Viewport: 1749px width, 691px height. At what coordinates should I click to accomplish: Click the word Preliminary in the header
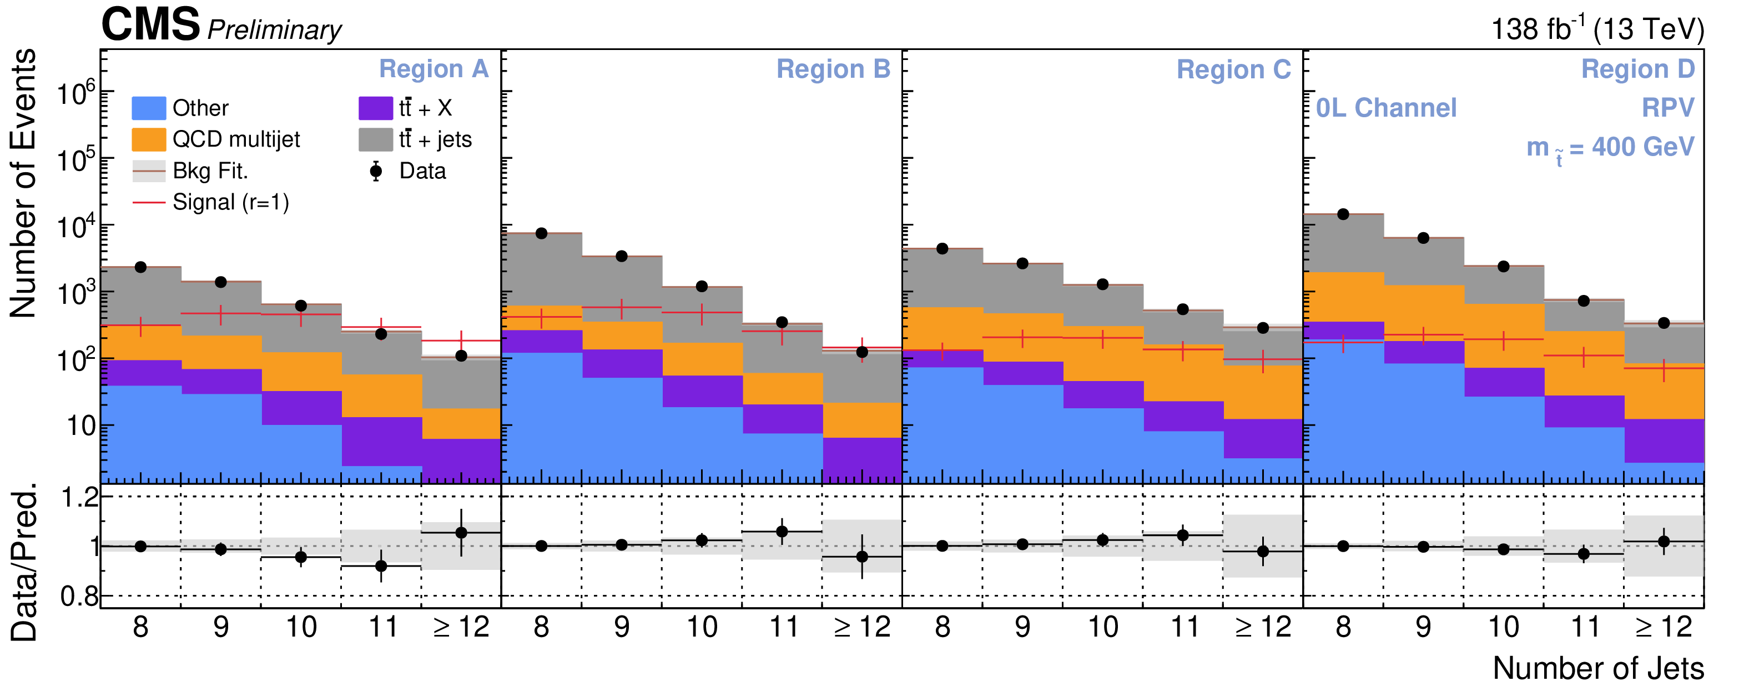click(274, 30)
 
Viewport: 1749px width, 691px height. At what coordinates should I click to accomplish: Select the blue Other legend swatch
click(149, 108)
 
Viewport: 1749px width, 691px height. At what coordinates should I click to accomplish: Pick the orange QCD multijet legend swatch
click(149, 139)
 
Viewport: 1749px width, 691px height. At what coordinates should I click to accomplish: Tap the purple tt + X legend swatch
click(375, 108)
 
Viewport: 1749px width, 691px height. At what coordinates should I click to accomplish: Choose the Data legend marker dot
click(375, 171)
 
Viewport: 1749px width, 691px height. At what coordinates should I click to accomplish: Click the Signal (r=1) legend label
click(231, 203)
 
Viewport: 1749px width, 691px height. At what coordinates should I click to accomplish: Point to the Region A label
click(433, 69)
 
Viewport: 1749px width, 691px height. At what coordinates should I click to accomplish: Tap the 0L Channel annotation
click(1386, 108)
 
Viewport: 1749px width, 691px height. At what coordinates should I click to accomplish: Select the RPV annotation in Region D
click(1667, 107)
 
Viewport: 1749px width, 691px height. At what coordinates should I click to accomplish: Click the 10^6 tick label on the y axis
click(75, 93)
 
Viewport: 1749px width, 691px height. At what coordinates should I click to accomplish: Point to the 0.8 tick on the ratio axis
click(79, 597)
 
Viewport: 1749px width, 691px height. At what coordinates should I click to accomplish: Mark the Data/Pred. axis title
click(24, 563)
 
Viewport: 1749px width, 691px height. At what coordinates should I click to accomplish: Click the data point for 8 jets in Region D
click(1343, 214)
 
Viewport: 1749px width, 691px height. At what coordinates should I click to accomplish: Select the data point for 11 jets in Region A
click(381, 334)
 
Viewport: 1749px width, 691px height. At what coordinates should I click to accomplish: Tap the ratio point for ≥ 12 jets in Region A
click(461, 533)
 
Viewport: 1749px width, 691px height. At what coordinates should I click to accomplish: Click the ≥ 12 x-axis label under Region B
click(861, 627)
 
